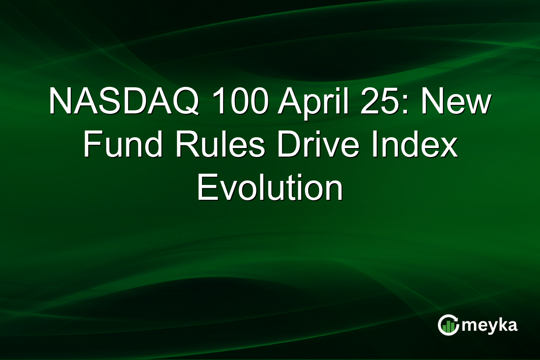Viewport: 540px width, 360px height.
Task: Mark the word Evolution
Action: click(270, 189)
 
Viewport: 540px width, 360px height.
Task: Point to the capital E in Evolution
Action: click(206, 189)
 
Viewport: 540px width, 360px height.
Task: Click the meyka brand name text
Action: click(489, 325)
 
